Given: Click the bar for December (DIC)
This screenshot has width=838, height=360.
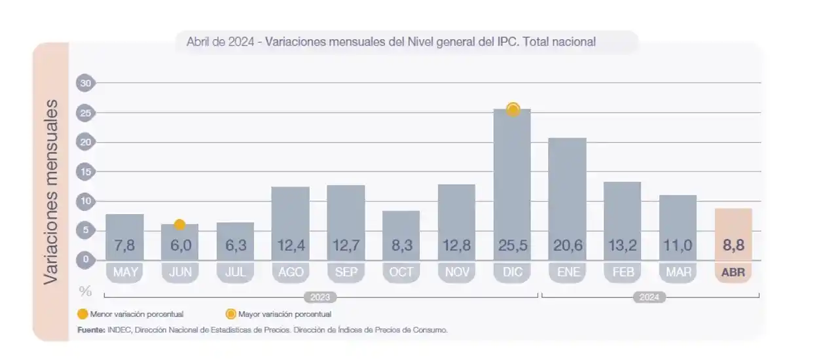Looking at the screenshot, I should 512,183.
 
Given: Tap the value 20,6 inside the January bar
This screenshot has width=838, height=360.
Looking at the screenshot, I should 568,246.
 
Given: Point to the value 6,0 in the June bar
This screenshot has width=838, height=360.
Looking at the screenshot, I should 180,246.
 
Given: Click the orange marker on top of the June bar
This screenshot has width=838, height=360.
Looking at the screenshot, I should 179,225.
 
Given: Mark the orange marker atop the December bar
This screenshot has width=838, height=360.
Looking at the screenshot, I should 513,109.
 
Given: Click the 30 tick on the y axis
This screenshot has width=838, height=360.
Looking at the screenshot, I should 85,83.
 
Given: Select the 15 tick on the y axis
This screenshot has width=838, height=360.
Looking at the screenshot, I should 85,171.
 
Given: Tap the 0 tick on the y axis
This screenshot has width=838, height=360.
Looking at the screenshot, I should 85,260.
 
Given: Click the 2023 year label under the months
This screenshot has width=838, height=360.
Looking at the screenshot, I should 320,297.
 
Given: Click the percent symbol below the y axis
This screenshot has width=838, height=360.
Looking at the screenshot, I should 85,291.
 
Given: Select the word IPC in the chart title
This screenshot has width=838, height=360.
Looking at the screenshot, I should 507,42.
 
